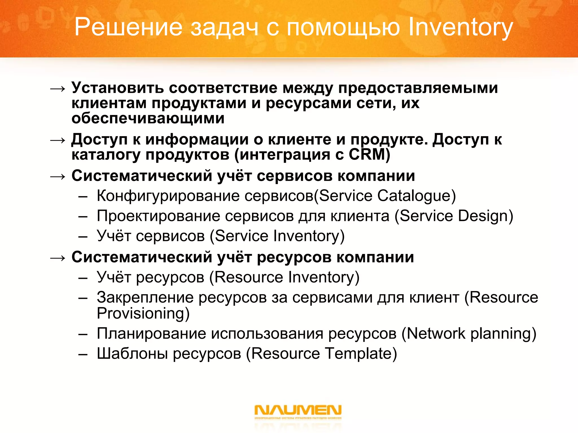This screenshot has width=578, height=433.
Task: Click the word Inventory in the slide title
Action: tap(460, 28)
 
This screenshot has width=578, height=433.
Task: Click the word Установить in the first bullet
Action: tap(117, 88)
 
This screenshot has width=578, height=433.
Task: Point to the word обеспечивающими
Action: tap(148, 118)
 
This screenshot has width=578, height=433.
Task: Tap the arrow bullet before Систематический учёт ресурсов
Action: tap(58, 258)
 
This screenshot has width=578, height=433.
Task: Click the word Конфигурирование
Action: tap(168, 196)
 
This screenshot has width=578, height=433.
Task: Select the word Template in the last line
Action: tap(358, 354)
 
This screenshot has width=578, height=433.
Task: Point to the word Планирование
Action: tap(151, 333)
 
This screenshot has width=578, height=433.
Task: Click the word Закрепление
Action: tap(145, 297)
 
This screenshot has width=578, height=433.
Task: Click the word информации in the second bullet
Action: tap(199, 139)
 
